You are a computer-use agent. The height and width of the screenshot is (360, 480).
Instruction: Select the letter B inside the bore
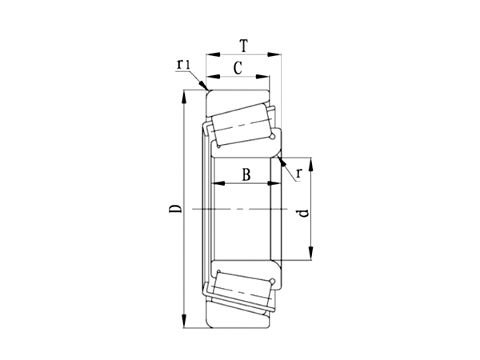pos(246,173)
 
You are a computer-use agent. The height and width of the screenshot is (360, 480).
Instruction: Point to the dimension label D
pos(174,210)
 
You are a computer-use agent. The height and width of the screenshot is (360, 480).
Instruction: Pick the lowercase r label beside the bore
pos(298,172)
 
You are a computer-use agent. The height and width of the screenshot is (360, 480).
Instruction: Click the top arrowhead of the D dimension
pos(185,95)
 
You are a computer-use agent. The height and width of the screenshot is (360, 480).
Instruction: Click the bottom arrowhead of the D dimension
pos(185,323)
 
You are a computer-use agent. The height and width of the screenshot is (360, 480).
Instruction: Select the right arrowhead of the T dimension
pos(280,55)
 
